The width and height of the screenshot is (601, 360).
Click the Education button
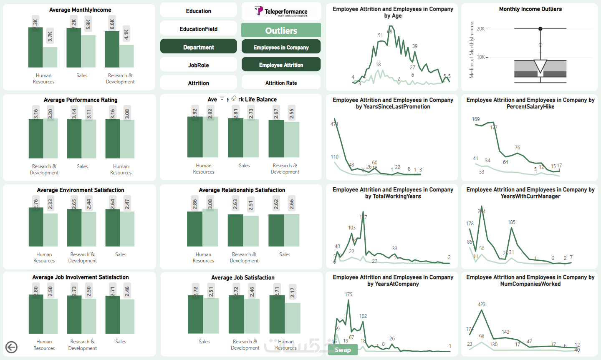tap(199, 11)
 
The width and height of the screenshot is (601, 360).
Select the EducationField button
tap(199, 29)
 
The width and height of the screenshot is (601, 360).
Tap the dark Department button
tap(199, 47)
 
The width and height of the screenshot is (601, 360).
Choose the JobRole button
tap(199, 65)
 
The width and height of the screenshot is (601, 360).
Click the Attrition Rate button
tap(281, 83)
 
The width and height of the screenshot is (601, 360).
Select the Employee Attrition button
tap(281, 65)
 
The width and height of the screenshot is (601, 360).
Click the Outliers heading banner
tap(281, 30)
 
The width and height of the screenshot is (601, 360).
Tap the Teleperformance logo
tap(281, 11)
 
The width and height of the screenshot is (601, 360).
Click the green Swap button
tap(343, 350)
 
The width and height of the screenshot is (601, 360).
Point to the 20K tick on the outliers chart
tap(481, 29)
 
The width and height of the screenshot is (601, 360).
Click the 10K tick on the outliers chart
tap(481, 57)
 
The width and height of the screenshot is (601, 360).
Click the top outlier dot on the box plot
tap(540, 29)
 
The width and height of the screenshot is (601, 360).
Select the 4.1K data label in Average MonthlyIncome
tap(127, 34)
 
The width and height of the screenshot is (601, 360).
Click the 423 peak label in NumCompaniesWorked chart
tap(482, 305)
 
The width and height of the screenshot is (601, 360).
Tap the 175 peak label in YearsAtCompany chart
tap(348, 295)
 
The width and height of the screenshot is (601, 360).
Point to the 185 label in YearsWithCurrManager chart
tap(512, 222)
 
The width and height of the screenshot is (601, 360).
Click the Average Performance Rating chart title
tap(81, 100)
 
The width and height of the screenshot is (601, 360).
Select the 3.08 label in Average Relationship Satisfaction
tap(210, 204)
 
